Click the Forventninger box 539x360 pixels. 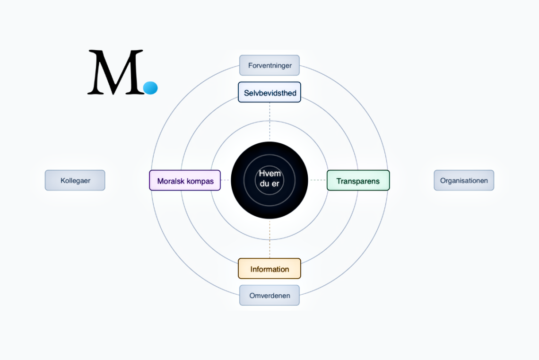click(x=269, y=65)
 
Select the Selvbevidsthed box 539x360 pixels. click(x=269, y=92)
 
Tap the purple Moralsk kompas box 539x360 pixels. click(x=185, y=180)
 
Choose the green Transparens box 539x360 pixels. click(x=358, y=180)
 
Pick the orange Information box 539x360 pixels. click(x=269, y=269)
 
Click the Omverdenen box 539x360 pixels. click(x=269, y=295)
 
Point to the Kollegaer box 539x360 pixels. click(x=75, y=180)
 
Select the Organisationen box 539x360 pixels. click(x=464, y=180)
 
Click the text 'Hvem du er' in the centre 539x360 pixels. click(x=270, y=178)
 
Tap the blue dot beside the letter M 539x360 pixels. click(x=150, y=88)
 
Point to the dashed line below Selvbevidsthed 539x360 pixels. click(x=269, y=121)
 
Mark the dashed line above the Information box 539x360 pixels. click(x=269, y=239)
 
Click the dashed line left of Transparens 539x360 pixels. click(x=318, y=180)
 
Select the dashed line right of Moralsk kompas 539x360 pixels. click(x=225, y=180)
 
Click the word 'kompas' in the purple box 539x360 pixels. click(x=200, y=182)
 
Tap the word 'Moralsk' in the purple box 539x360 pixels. click(x=171, y=181)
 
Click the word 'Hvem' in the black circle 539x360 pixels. click(x=270, y=174)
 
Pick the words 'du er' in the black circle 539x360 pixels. click(x=269, y=184)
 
